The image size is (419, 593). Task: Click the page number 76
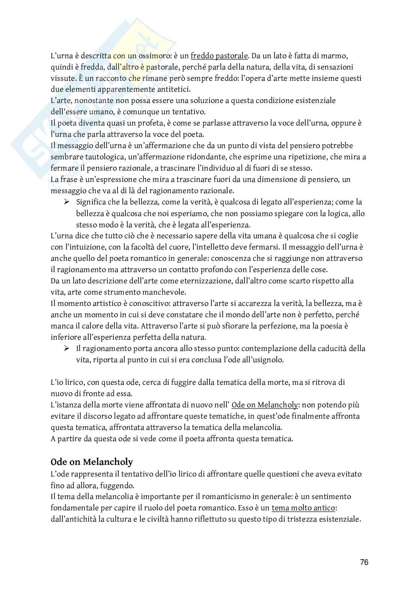364,562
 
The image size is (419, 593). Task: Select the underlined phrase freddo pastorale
219,56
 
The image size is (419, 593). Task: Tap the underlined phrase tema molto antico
303,508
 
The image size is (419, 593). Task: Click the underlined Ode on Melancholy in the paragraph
265,405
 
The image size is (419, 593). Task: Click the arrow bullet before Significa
67,202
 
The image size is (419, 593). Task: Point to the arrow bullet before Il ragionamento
67,348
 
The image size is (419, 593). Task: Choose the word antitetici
173,89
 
